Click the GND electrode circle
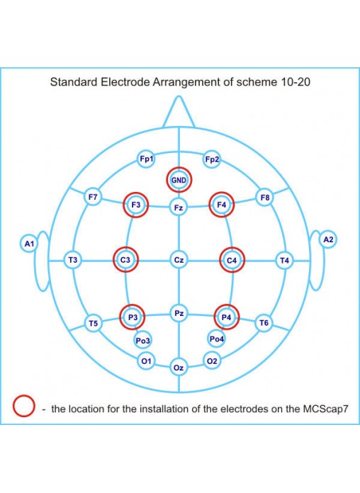coord(179,180)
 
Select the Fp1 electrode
coord(146,159)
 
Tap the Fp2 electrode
coord(212,159)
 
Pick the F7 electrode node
coord(93,198)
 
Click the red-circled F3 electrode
coord(135,205)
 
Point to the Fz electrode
coord(179,208)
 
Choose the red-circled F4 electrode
coord(222,205)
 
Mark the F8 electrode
coord(265,198)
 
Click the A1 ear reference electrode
coord(29,244)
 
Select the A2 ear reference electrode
coord(328,239)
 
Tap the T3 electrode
coord(73,260)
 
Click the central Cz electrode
coord(179,260)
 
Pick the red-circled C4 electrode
coord(232,261)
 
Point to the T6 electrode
coord(264,323)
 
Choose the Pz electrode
coord(179,314)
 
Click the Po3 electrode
coord(142,341)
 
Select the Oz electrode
coord(179,368)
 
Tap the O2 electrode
coord(212,361)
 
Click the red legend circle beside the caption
coord(24,395)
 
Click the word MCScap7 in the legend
coord(325,409)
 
